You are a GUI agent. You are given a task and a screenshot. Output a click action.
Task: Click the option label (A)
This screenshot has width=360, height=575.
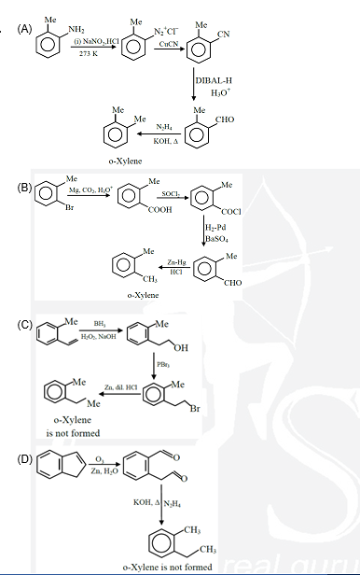pyautogui.click(x=26, y=29)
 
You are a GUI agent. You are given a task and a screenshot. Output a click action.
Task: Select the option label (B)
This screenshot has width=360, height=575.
pyautogui.click(x=26, y=187)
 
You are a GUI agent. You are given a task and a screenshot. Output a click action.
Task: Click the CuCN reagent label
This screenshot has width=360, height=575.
pyautogui.click(x=168, y=45)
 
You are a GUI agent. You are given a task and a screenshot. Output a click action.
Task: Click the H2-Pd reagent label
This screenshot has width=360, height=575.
pyautogui.click(x=216, y=229)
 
